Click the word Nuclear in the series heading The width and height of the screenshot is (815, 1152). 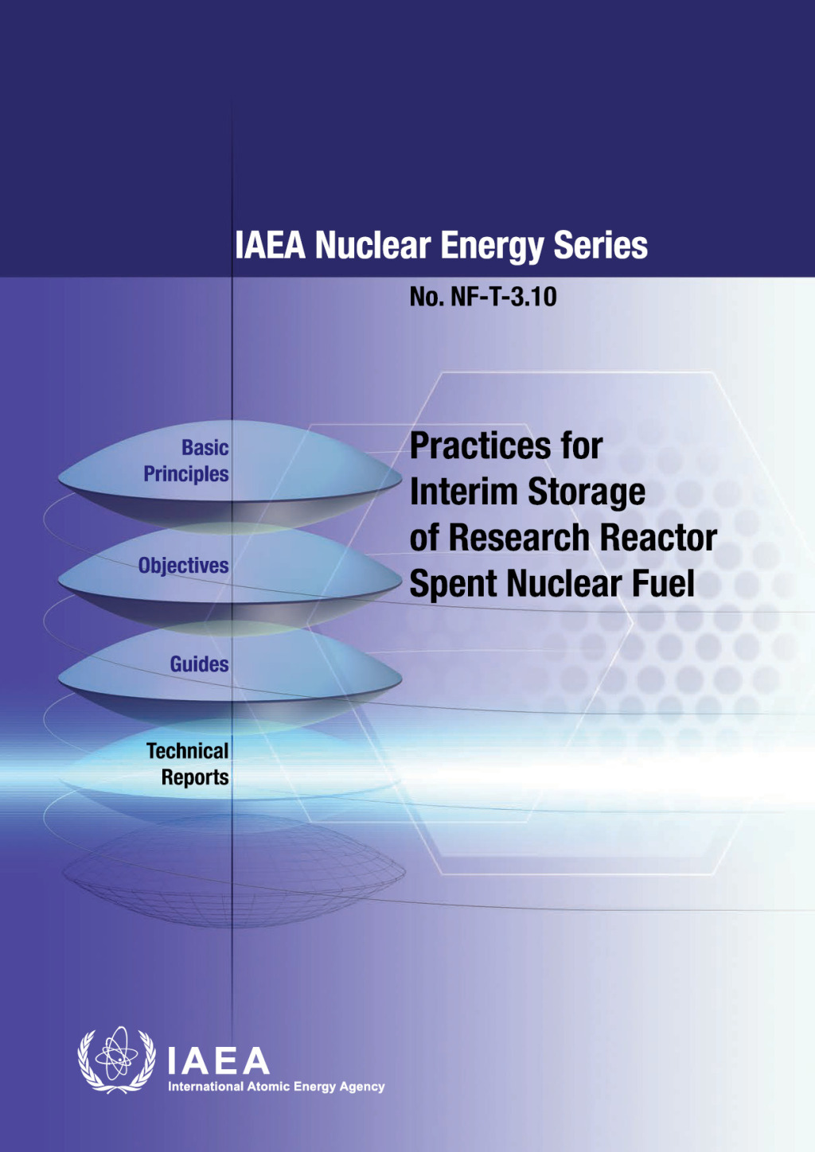[x=372, y=246]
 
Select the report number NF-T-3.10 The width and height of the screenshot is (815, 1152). [x=503, y=298]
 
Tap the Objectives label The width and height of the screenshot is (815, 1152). [x=183, y=566]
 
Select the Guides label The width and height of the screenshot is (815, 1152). [x=199, y=664]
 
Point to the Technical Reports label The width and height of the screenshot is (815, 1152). [x=189, y=764]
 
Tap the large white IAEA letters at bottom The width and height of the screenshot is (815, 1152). [x=218, y=1061]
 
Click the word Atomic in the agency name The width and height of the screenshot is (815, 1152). [x=268, y=1087]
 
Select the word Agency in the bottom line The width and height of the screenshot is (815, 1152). [x=362, y=1087]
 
